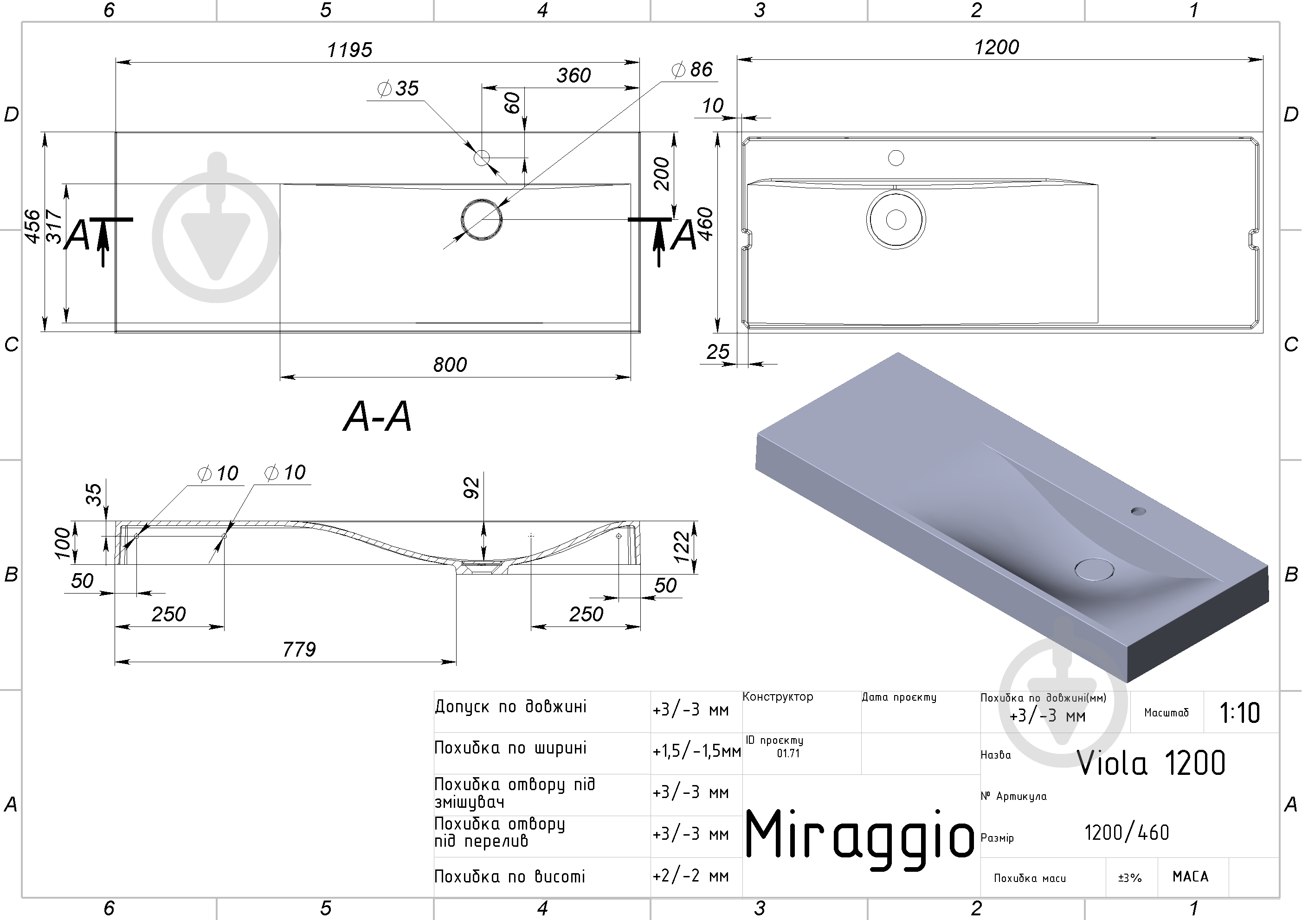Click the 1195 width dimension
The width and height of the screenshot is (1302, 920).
pos(349,50)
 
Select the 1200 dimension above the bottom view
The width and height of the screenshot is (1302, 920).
pos(996,47)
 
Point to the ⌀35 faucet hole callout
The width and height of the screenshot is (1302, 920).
pos(398,89)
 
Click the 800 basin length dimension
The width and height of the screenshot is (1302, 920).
pos(450,364)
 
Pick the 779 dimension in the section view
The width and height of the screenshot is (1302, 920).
pos(299,649)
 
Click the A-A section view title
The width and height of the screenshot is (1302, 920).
pos(378,416)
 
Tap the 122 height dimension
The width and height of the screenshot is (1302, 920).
pos(681,546)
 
